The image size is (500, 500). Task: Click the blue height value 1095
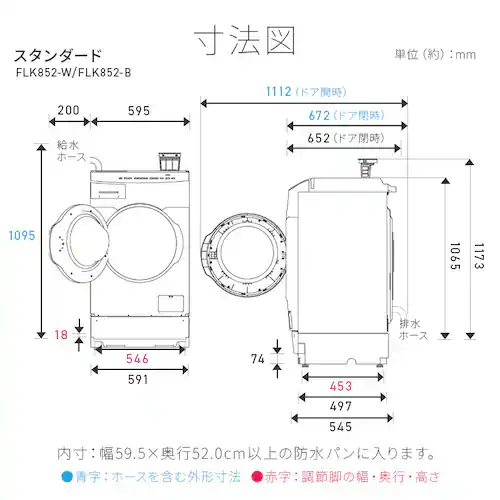20,236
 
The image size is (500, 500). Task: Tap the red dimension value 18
62,336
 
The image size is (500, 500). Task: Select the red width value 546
138,358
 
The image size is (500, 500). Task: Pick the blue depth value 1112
271,92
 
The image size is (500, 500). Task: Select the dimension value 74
258,358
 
